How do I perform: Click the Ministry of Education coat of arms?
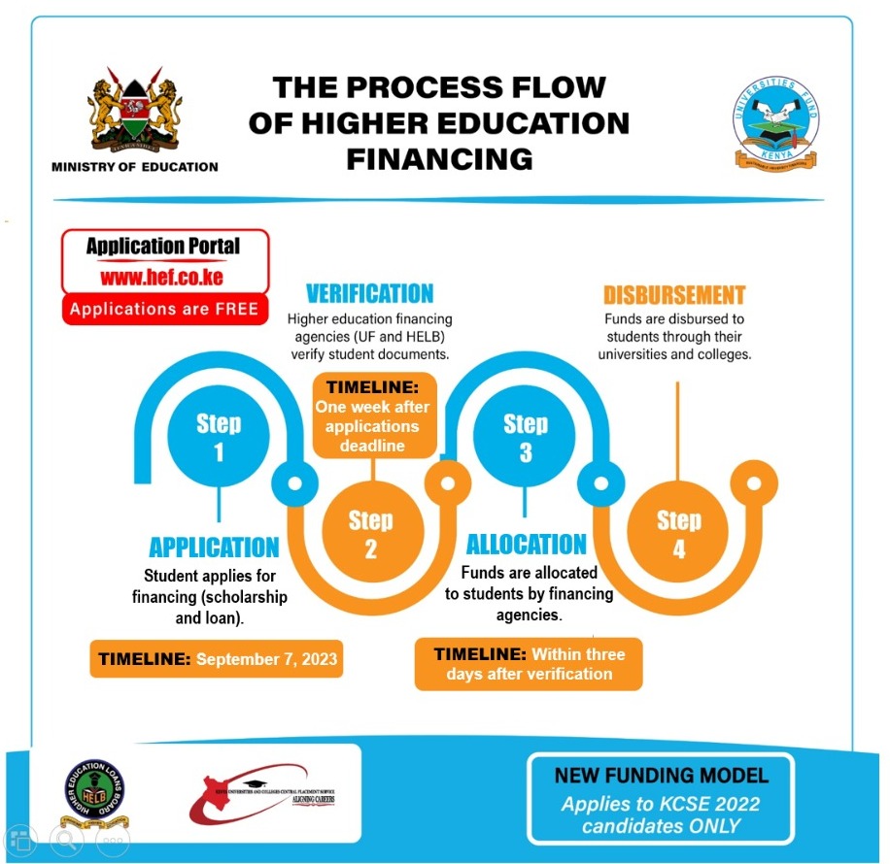click(135, 111)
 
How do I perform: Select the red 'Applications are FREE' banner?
click(164, 310)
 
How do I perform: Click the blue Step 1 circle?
click(219, 438)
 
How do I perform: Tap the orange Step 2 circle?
click(371, 534)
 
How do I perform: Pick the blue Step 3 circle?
click(526, 438)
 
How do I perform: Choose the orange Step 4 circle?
click(678, 534)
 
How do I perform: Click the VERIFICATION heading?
click(370, 293)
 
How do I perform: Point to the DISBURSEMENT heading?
click(674, 295)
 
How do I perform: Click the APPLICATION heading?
click(214, 547)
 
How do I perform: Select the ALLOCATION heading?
click(527, 544)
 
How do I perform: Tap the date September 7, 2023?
click(267, 659)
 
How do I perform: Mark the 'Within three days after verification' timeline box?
click(529, 664)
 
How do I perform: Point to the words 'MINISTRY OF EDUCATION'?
click(135, 167)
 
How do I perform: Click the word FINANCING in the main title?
click(439, 157)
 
